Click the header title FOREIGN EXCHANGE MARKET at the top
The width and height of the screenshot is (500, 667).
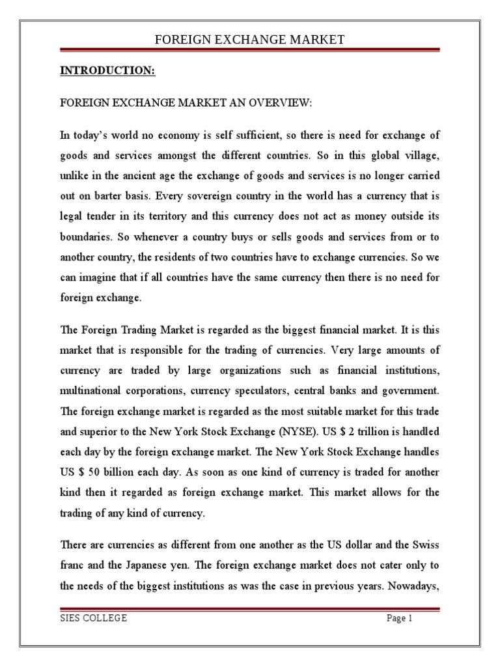[249, 40]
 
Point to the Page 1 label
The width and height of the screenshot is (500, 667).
[400, 619]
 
